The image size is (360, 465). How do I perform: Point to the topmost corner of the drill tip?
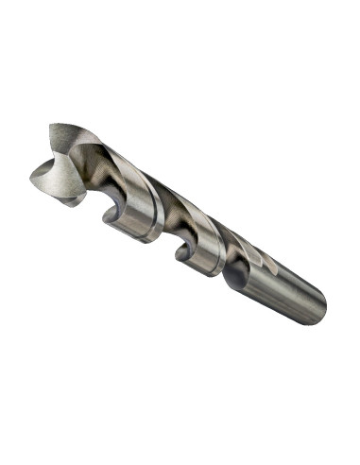(x=51, y=123)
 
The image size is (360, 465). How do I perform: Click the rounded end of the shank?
(x=319, y=306)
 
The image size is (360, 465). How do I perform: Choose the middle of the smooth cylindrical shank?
(x=279, y=284)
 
